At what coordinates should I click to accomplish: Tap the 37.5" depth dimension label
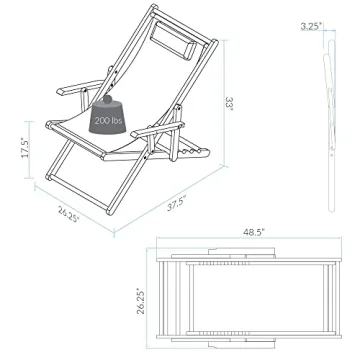tap(177, 206)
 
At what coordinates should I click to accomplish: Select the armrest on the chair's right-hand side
tap(160, 129)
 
